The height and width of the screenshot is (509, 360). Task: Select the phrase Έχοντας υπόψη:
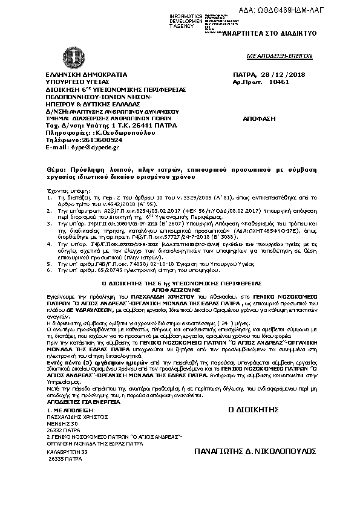(x=62, y=189)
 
